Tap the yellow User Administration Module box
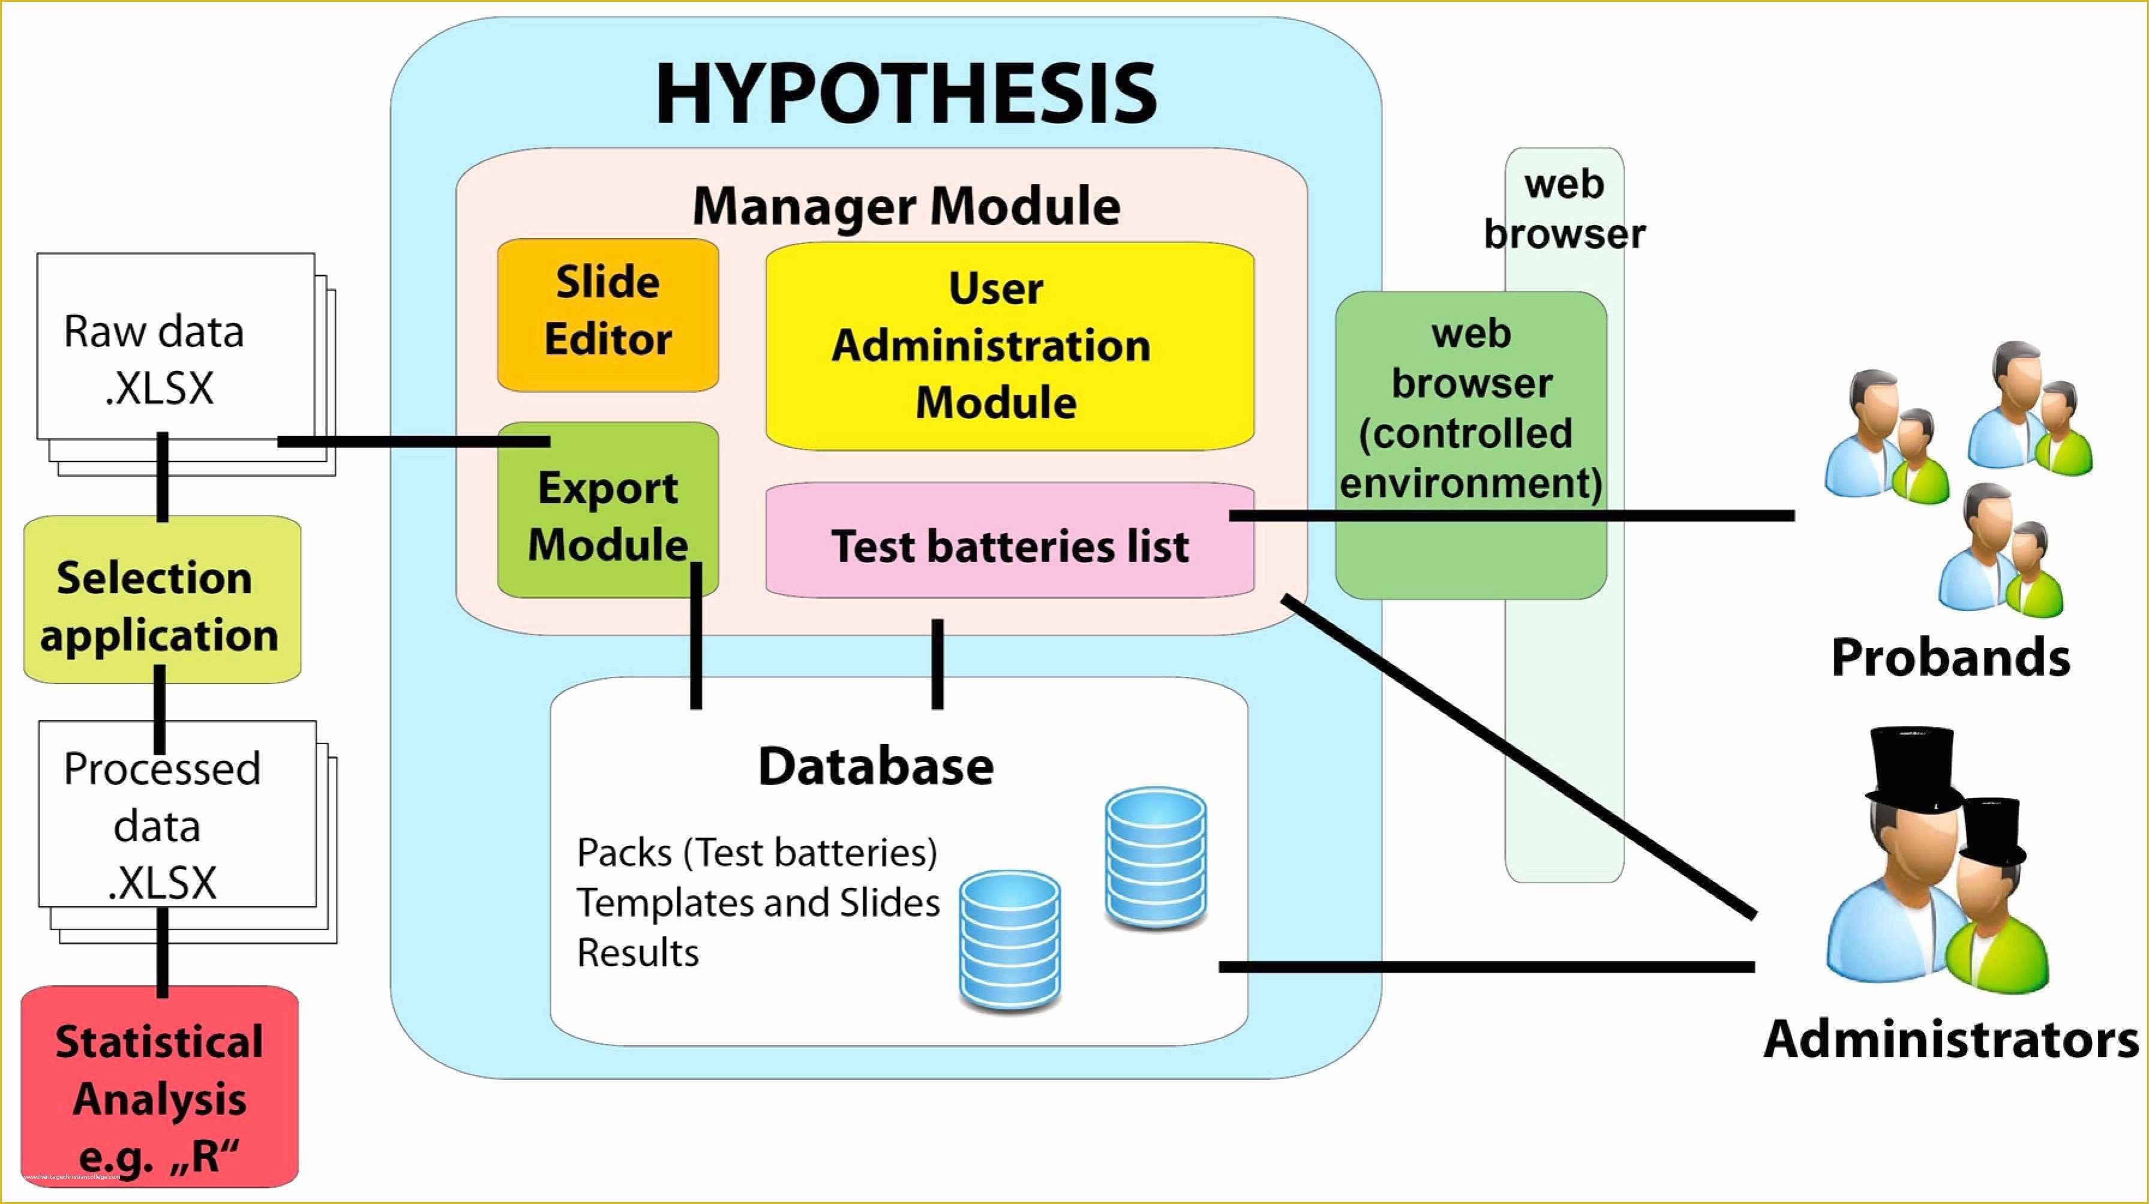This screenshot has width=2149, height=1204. (x=1010, y=346)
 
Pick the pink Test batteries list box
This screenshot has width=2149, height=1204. (x=1010, y=540)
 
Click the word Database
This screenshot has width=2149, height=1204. (x=876, y=766)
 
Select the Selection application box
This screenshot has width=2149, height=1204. (x=162, y=600)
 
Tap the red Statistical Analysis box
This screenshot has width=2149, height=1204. (x=160, y=1086)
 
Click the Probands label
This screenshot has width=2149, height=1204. (x=1950, y=657)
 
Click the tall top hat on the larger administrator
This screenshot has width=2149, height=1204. (x=1913, y=769)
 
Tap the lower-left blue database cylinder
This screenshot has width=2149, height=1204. (x=1010, y=942)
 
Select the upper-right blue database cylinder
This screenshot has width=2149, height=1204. (x=1156, y=860)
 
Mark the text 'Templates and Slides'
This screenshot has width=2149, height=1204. (x=758, y=903)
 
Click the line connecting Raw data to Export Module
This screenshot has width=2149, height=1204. (x=414, y=441)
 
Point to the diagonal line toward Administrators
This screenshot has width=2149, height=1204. (x=1519, y=757)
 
